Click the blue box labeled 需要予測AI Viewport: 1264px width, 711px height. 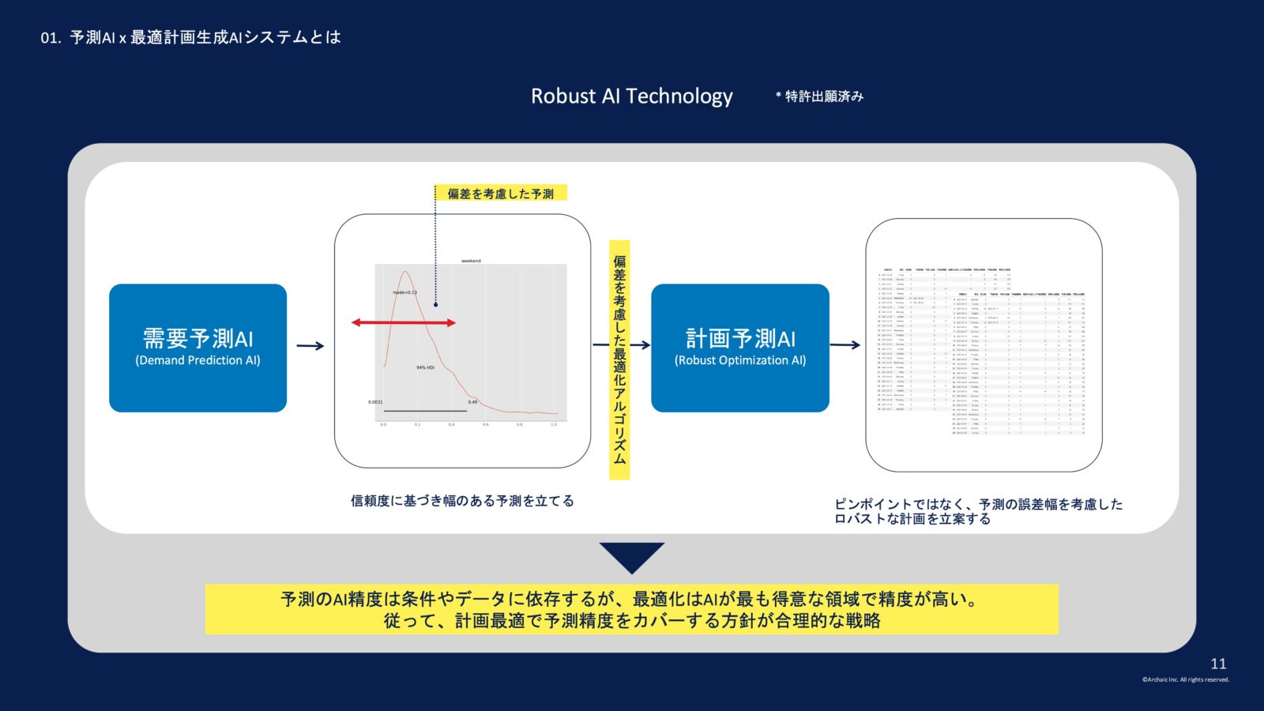197,348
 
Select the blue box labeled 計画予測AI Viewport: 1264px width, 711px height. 740,348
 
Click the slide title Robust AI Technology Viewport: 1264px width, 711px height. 631,96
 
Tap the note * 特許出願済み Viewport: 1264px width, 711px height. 820,96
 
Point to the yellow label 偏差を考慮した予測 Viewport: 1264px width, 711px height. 501,194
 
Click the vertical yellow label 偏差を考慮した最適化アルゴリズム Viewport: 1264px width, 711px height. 619,359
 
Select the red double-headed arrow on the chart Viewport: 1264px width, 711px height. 404,322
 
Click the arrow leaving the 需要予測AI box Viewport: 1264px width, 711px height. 310,345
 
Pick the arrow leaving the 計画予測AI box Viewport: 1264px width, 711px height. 845,344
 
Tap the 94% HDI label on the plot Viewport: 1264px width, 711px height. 425,367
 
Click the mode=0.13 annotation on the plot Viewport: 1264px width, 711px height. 404,292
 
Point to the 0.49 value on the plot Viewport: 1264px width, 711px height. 472,402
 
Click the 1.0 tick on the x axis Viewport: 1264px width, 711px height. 554,424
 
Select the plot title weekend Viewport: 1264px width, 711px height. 471,261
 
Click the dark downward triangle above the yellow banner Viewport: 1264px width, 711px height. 631,555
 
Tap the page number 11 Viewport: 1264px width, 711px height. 1218,664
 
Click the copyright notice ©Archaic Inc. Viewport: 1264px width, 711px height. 1185,679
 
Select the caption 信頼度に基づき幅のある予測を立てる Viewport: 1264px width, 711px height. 462,501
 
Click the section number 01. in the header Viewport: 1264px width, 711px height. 51,38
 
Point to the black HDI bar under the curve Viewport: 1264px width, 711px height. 425,411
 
